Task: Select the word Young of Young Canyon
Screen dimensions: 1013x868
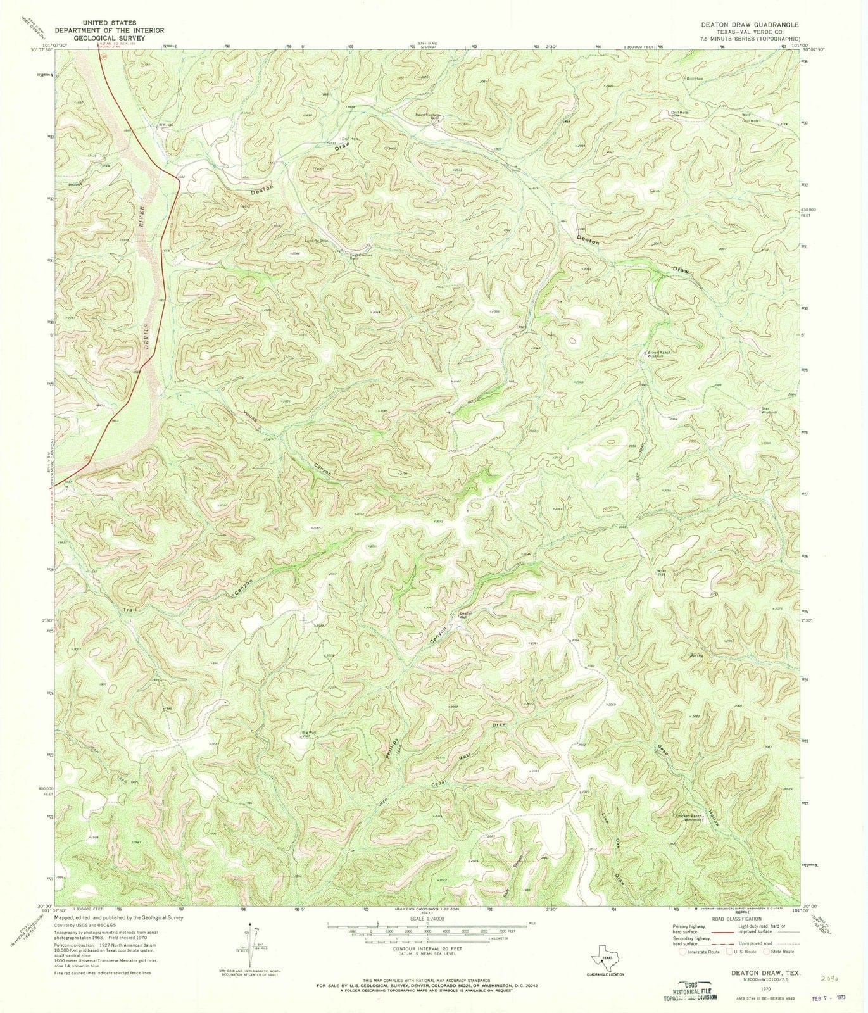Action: pyautogui.click(x=251, y=420)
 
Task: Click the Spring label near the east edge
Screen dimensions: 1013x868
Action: pyautogui.click(x=697, y=655)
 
